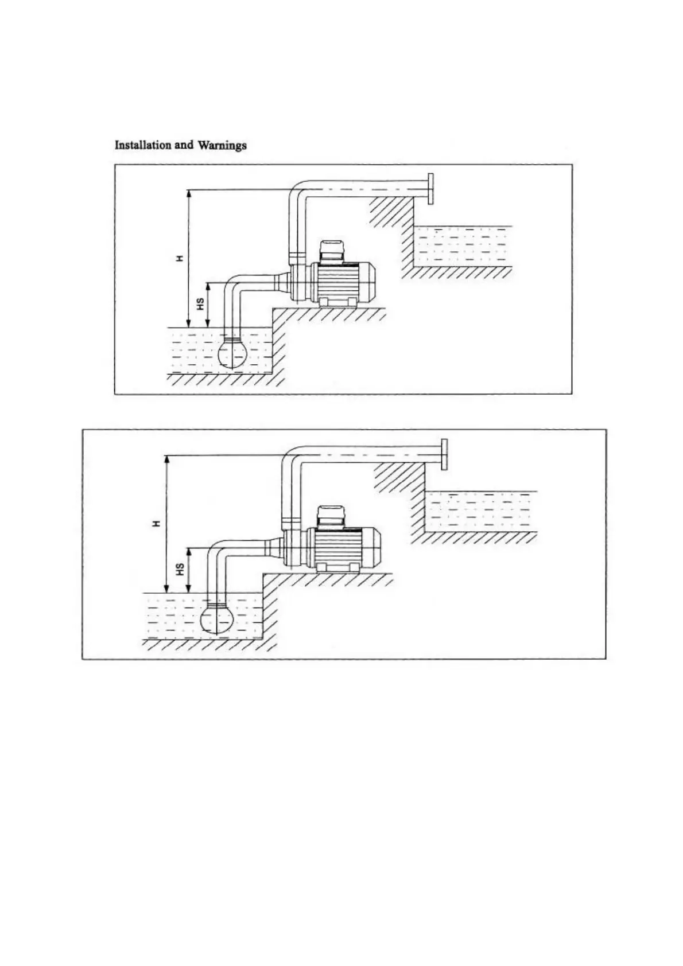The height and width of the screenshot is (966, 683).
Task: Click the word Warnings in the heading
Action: pos(222,145)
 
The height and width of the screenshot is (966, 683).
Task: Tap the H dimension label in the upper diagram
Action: pos(180,258)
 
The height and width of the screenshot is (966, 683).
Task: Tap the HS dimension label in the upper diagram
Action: pos(200,304)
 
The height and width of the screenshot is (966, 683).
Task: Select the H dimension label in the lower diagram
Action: pos(157,523)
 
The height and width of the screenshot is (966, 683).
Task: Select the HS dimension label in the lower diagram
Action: pos(180,569)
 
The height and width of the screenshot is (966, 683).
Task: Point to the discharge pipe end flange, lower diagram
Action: pos(444,454)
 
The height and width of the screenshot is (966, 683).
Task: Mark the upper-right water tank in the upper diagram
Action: pos(462,246)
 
